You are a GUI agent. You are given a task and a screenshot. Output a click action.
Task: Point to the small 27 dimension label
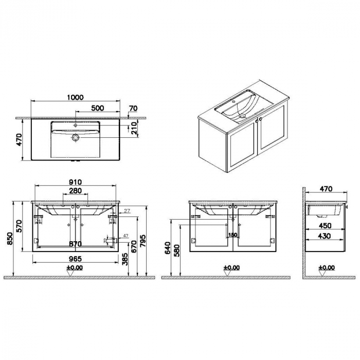point(127,210)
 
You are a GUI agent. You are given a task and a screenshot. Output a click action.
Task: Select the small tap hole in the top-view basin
point(76,125)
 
